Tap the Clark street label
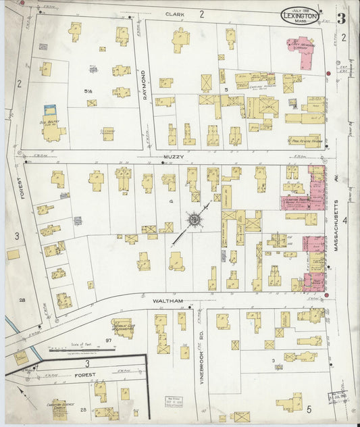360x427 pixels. (x=174, y=14)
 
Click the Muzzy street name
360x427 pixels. (x=172, y=157)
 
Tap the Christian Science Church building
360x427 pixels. (x=59, y=409)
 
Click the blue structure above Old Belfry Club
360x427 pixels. (x=49, y=108)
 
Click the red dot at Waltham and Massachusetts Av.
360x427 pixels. (x=326, y=295)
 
